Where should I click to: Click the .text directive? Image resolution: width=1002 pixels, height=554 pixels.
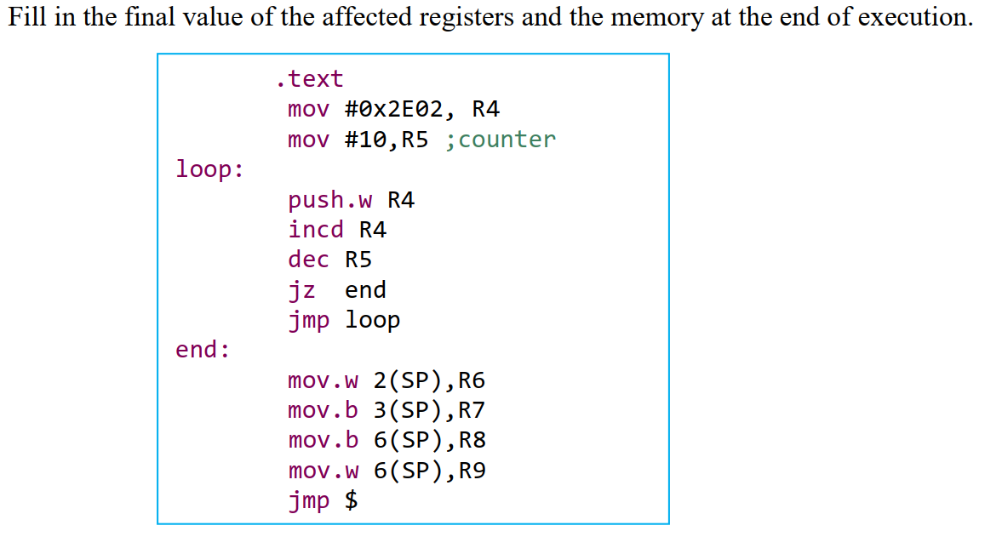309,79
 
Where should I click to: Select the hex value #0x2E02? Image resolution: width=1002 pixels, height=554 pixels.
400,109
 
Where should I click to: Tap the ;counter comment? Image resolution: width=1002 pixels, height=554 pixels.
500,140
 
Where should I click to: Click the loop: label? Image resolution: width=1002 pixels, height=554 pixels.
209,169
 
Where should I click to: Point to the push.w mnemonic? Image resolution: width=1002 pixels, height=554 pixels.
330,200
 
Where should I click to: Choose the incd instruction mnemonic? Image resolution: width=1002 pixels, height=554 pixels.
316,230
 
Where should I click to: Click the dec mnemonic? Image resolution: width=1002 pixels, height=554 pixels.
309,260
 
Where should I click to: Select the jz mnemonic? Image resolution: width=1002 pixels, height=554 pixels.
302,290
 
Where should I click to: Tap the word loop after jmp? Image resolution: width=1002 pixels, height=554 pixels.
372,321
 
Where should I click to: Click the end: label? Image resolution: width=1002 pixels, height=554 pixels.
203,350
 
